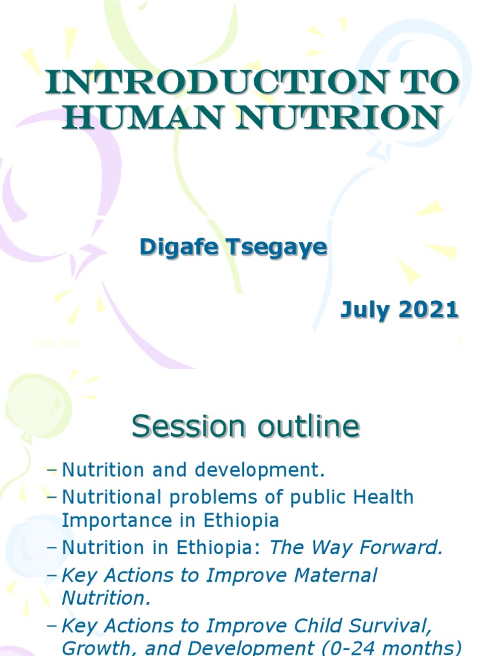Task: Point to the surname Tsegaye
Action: [276, 248]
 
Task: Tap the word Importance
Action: [115, 520]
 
